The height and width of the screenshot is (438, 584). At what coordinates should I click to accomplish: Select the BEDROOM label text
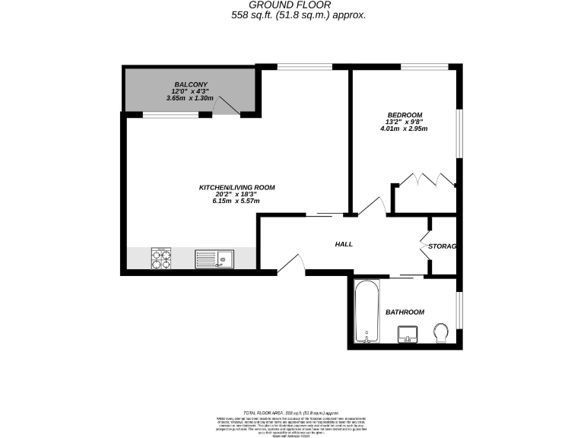point(404,116)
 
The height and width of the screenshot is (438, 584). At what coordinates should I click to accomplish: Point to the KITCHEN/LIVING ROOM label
point(236,187)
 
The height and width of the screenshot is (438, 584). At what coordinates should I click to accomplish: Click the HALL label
point(344,244)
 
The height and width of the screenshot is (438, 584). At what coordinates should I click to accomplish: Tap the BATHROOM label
point(405,312)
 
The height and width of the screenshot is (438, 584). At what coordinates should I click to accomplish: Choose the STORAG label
point(442,246)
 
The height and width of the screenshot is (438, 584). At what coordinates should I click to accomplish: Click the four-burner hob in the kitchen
point(161,259)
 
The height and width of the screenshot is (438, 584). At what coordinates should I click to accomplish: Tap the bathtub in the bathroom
point(367,312)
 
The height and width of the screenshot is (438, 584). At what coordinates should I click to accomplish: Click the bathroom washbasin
point(407,333)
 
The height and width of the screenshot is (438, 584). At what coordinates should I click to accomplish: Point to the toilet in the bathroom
point(440,332)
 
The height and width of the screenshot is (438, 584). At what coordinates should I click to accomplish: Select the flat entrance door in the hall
point(291,263)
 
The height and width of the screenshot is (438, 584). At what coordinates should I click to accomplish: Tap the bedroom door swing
point(372,208)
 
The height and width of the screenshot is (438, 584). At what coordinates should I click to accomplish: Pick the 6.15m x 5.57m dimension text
point(236,201)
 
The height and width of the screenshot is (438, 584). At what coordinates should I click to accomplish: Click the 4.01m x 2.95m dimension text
point(404,129)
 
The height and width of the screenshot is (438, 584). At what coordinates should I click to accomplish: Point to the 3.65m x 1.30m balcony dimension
point(190,97)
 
